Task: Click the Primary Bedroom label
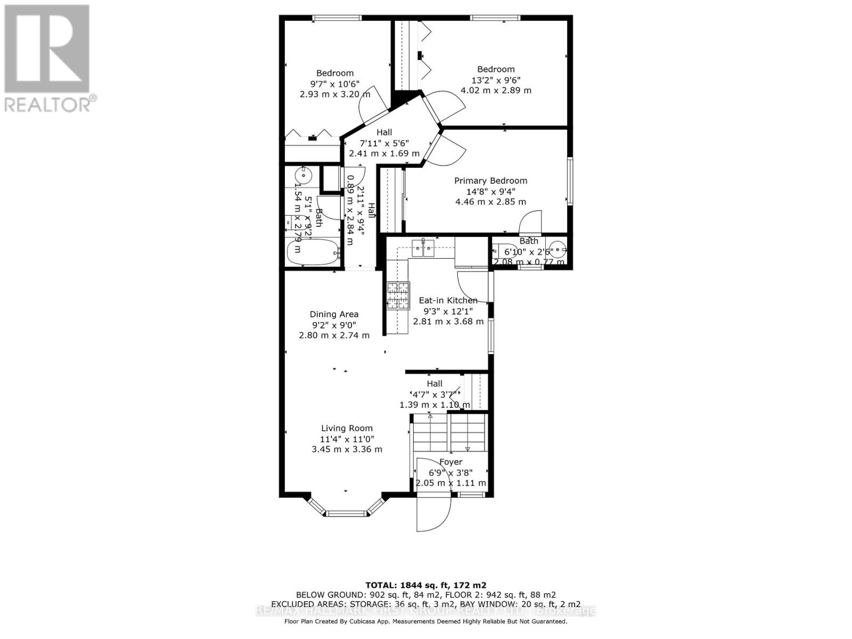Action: [x=490, y=181]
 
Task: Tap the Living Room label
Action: [x=347, y=428]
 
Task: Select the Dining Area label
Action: [x=334, y=314]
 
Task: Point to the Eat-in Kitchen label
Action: [x=448, y=300]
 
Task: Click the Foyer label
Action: [x=450, y=462]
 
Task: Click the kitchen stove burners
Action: [x=398, y=296]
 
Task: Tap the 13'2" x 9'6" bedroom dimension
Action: [x=496, y=80]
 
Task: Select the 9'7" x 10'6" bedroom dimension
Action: [x=335, y=84]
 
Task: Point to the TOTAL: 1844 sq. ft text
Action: [x=425, y=585]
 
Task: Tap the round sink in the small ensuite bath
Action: [x=557, y=249]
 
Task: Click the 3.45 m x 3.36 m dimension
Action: [x=347, y=449]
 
